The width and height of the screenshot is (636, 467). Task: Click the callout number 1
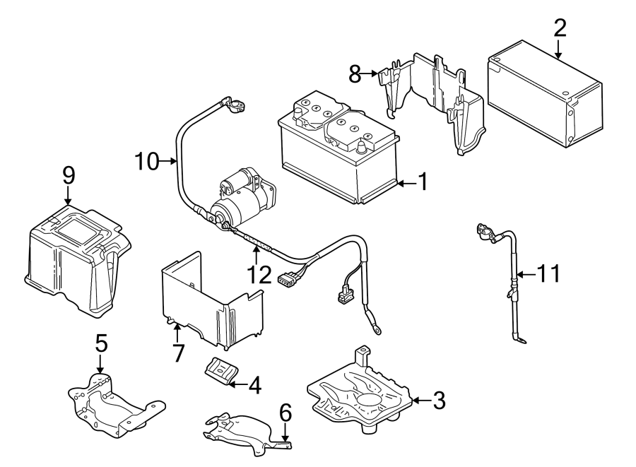click(422, 183)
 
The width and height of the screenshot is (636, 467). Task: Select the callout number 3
click(439, 401)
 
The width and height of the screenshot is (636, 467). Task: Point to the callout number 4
click(254, 385)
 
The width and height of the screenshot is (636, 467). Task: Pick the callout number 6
click(285, 411)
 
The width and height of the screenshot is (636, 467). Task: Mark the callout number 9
click(68, 174)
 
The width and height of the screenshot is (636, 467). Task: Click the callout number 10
click(148, 162)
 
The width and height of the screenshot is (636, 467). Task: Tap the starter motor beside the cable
click(240, 198)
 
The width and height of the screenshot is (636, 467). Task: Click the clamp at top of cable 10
click(235, 106)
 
